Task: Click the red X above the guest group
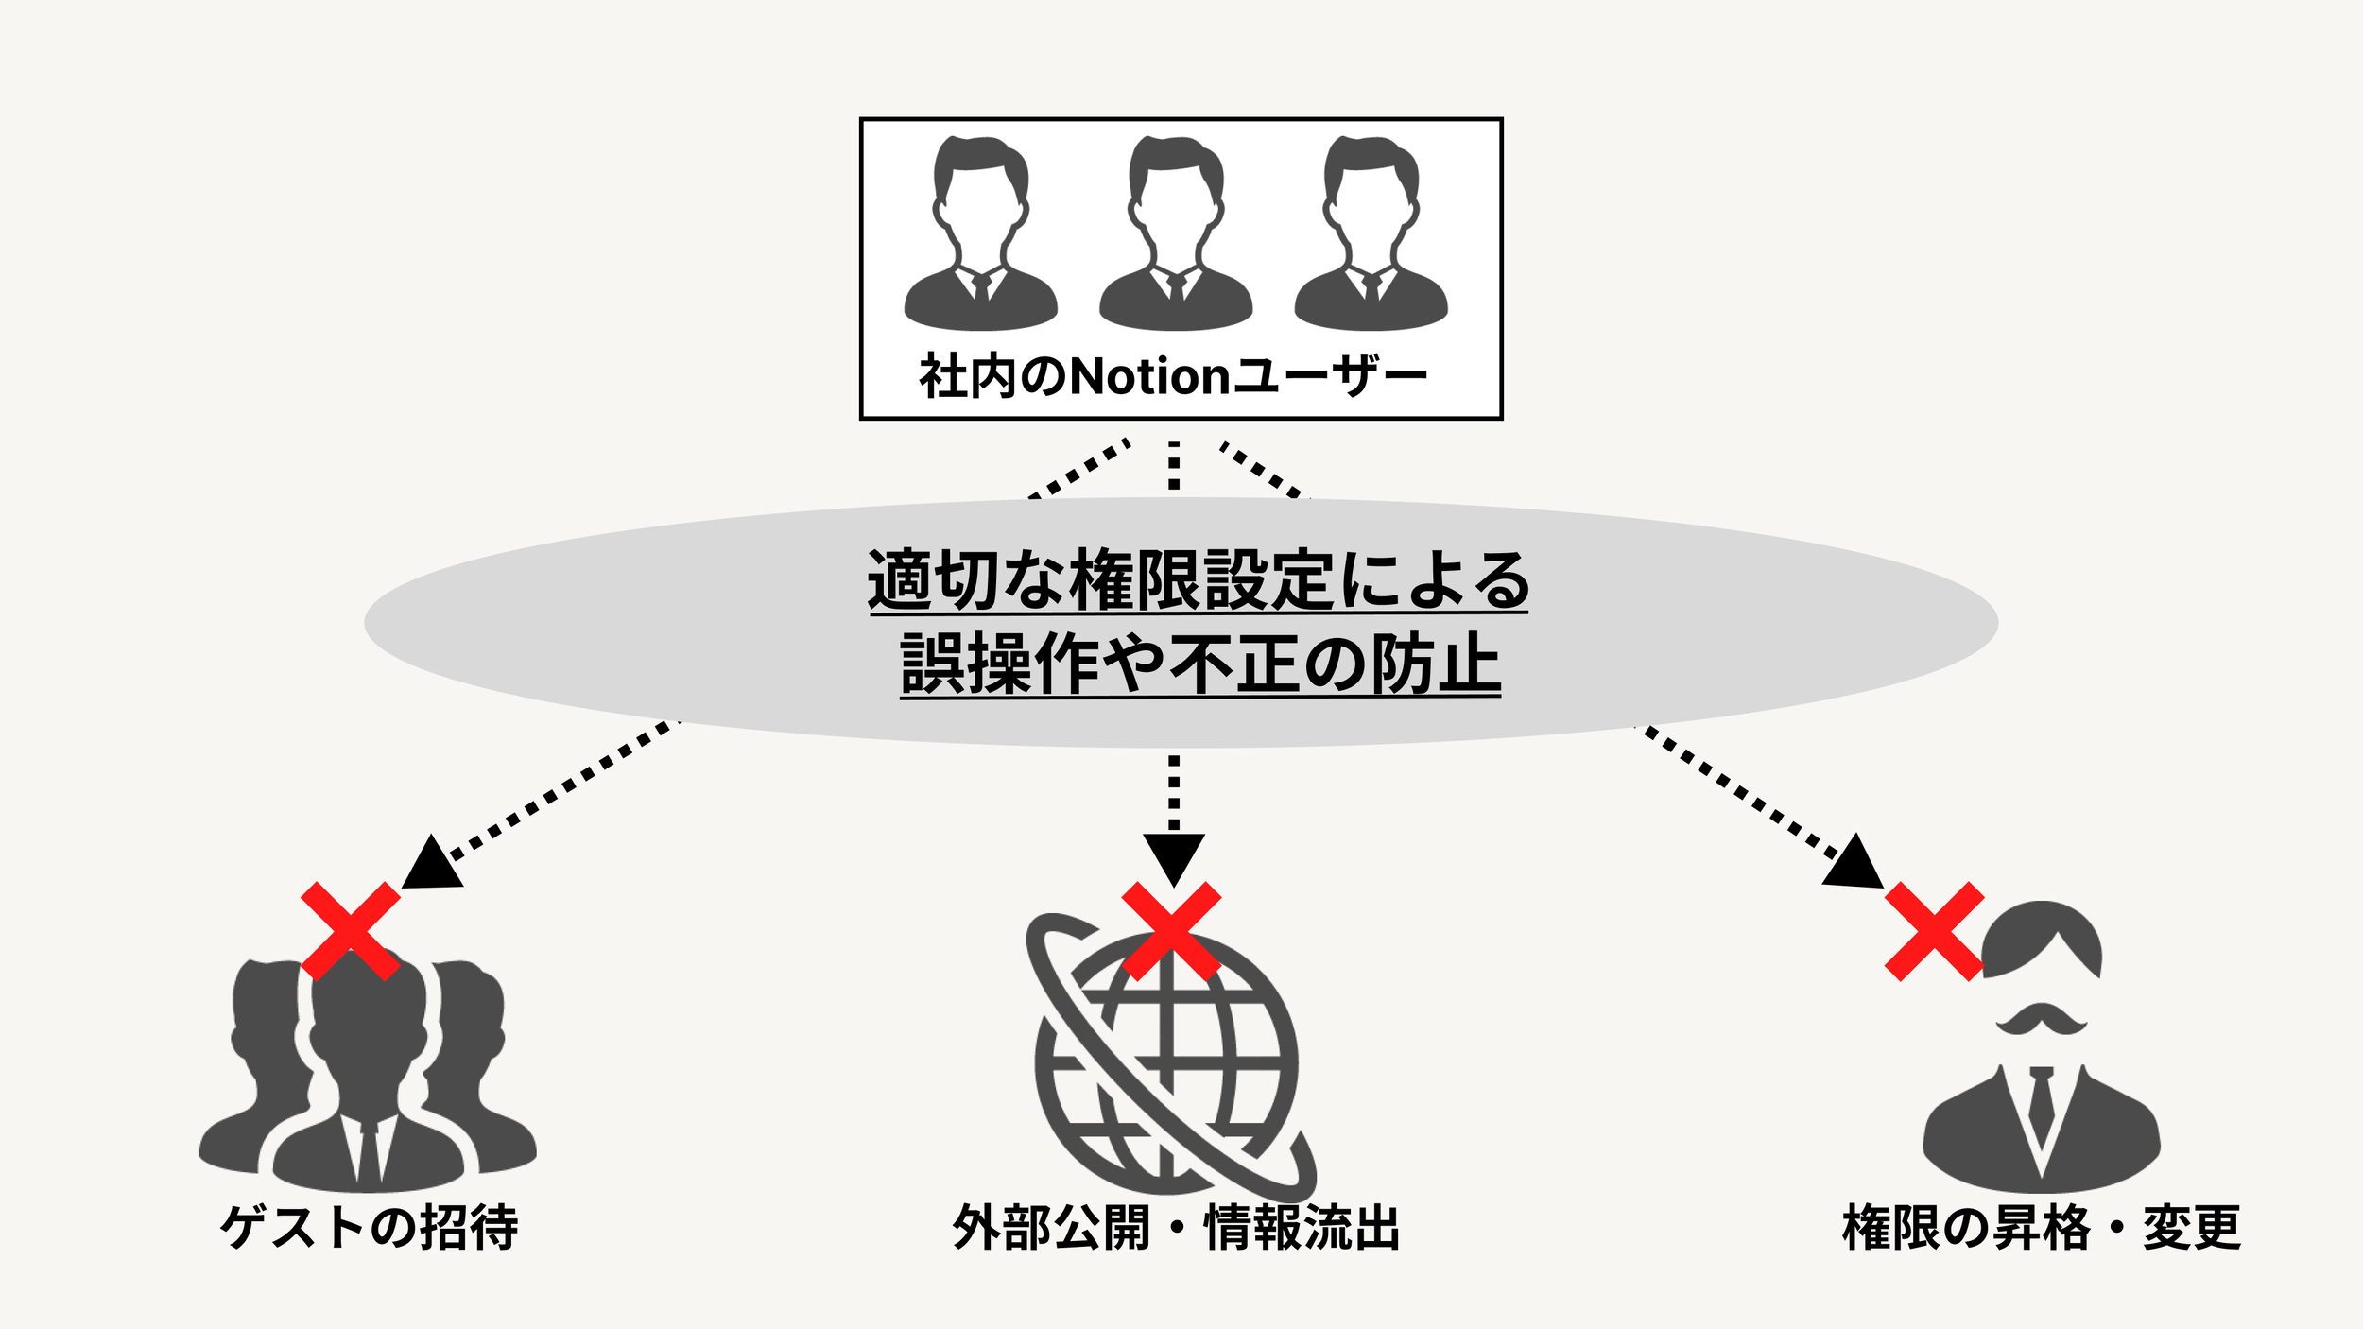[x=351, y=931]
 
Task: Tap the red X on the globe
[x=1171, y=931]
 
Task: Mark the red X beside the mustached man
[x=1934, y=931]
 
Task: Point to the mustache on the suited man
[x=2042, y=1020]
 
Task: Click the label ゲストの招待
[x=369, y=1228]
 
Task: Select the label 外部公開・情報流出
[x=1176, y=1228]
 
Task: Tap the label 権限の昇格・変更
[x=2042, y=1228]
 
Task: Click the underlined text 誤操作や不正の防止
[x=1200, y=664]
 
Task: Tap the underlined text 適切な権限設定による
[x=1199, y=579]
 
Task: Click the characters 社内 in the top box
[x=966, y=376]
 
